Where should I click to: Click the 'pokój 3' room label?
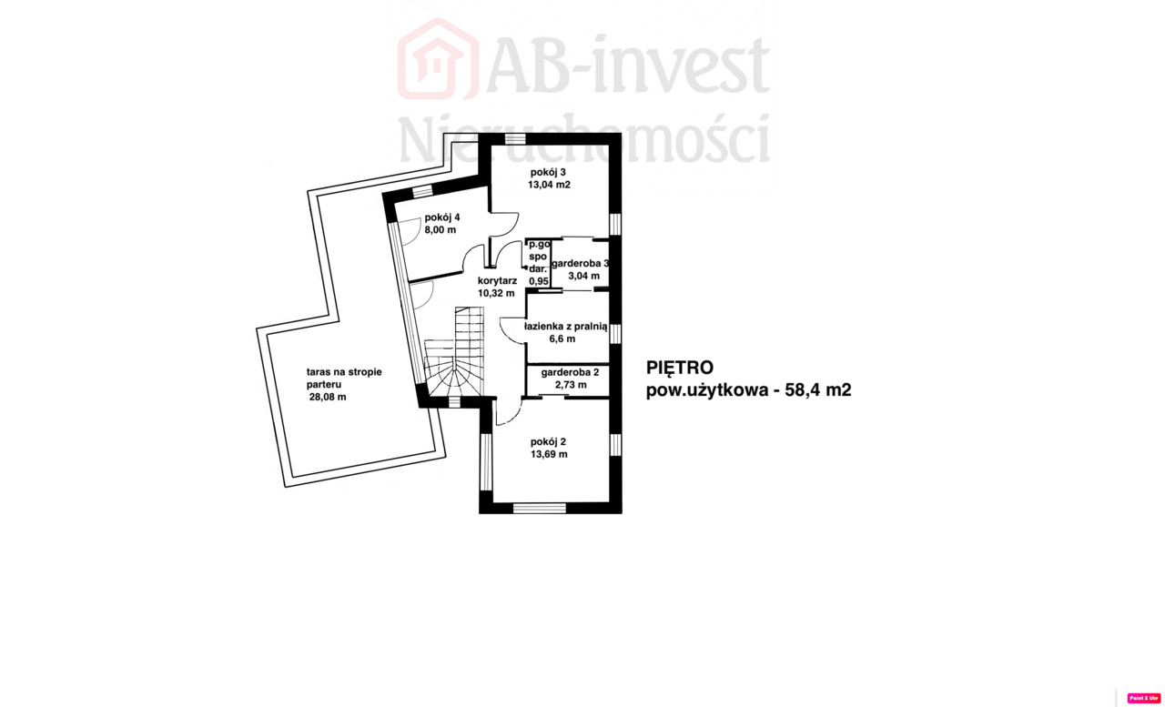(548, 172)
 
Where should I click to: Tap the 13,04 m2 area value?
(549, 185)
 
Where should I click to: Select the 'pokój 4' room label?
(442, 217)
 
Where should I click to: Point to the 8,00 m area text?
(441, 230)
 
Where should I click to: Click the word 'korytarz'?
(498, 281)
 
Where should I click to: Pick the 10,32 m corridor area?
(496, 293)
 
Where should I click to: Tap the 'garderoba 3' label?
(580, 264)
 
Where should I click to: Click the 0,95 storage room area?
(539, 281)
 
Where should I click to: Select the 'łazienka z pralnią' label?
(566, 327)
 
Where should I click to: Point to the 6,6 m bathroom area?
(562, 339)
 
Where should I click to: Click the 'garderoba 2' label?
(570, 372)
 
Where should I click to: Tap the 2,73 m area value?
(571, 385)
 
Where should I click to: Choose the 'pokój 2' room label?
(548, 442)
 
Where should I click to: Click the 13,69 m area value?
(549, 454)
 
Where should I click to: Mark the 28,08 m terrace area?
(328, 397)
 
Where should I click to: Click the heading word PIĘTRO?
(680, 368)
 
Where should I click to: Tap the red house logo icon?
(438, 58)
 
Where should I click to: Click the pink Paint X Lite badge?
(1144, 698)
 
